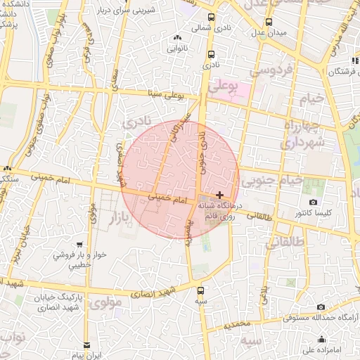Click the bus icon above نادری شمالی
click(212, 18)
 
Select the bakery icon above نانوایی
click(176, 38)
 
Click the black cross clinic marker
click(220, 195)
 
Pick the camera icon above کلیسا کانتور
click(313, 202)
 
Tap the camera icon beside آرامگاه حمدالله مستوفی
click(321, 307)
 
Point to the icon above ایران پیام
click(86, 345)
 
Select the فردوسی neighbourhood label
click(265, 71)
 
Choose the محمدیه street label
click(233, 324)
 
